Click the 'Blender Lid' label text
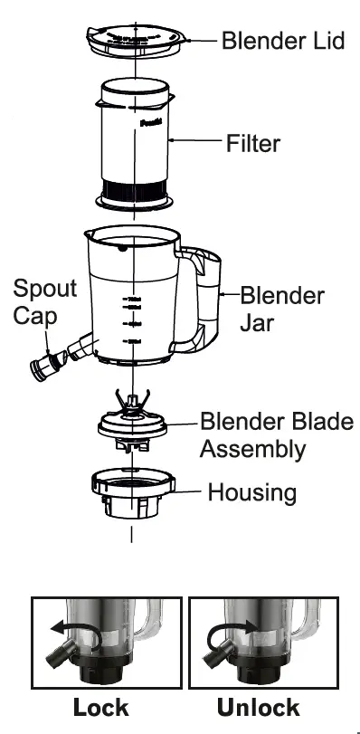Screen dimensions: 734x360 283,42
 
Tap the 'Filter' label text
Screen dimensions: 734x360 252,143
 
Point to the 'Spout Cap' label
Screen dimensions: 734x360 44,302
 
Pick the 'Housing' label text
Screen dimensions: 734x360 251,492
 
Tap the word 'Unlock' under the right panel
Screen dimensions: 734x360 259,707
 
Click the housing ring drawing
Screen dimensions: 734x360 132,493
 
